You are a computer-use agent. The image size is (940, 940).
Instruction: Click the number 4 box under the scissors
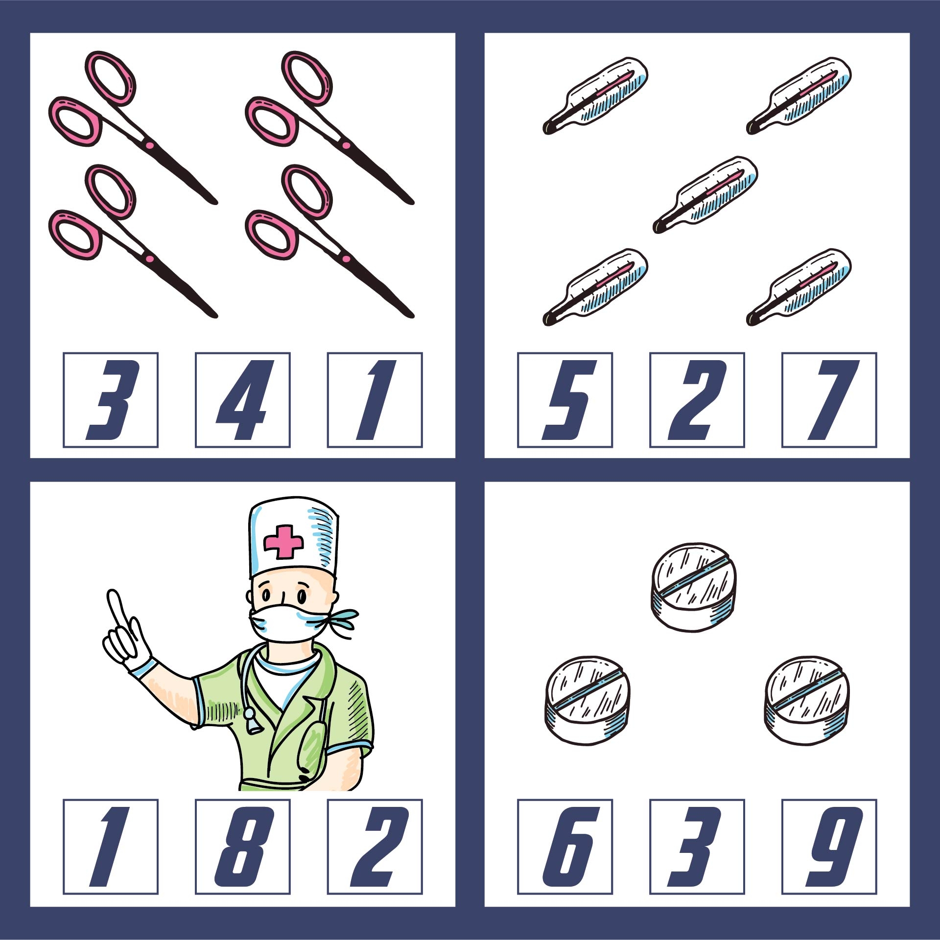click(x=242, y=400)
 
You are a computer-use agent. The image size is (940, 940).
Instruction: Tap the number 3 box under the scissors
click(x=110, y=400)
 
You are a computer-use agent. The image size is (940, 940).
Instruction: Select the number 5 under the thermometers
click(x=564, y=400)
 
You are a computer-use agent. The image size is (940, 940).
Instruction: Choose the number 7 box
click(x=829, y=400)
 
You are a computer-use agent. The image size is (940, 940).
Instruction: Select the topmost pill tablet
click(x=694, y=586)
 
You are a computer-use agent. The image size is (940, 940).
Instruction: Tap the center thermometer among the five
click(x=705, y=195)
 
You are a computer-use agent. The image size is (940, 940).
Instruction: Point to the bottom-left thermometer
click(x=595, y=287)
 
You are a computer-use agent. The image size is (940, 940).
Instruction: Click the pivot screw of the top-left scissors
click(x=149, y=145)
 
